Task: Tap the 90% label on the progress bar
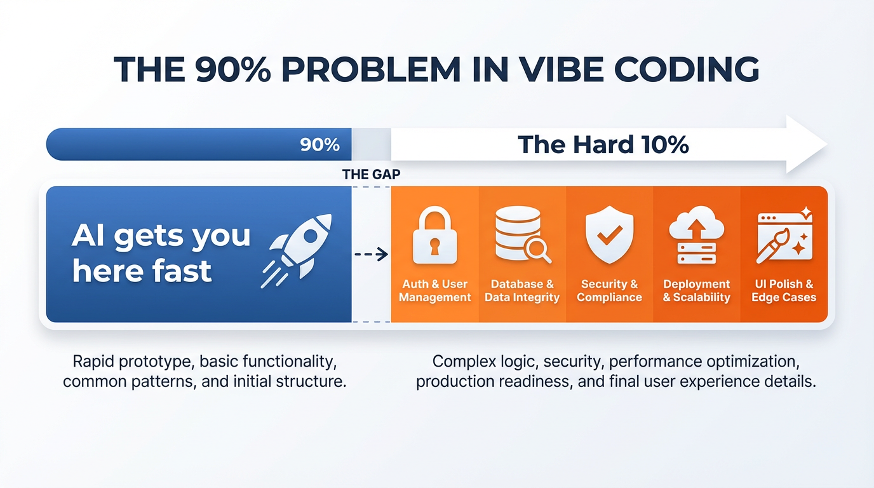pos(320,145)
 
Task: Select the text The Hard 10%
pos(603,145)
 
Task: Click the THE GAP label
pos(371,174)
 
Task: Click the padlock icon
pos(434,236)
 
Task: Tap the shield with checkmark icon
pos(609,234)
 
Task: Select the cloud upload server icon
pos(696,235)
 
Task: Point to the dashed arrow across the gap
pos(371,255)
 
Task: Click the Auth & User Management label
pos(434,291)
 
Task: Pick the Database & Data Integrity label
pos(522,291)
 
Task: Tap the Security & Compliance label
pos(609,291)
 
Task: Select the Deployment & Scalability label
pos(696,291)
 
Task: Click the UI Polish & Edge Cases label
pos(783,291)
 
